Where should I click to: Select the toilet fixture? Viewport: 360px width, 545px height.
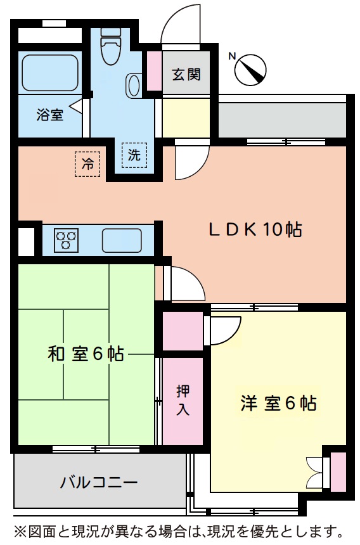[112, 48]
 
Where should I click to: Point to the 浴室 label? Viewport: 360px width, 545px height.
[49, 115]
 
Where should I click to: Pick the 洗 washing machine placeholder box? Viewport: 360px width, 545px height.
[134, 155]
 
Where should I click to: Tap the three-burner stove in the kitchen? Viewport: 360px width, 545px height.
[66, 241]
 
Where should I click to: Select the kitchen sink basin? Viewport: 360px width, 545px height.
[122, 241]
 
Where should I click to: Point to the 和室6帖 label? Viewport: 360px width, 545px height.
[86, 354]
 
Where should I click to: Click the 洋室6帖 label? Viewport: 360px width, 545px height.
[278, 403]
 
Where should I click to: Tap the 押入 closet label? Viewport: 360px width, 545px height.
[183, 401]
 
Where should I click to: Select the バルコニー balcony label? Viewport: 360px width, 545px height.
[99, 483]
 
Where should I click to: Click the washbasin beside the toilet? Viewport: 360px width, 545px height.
[134, 85]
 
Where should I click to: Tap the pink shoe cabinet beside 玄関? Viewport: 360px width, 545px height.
[154, 70]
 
